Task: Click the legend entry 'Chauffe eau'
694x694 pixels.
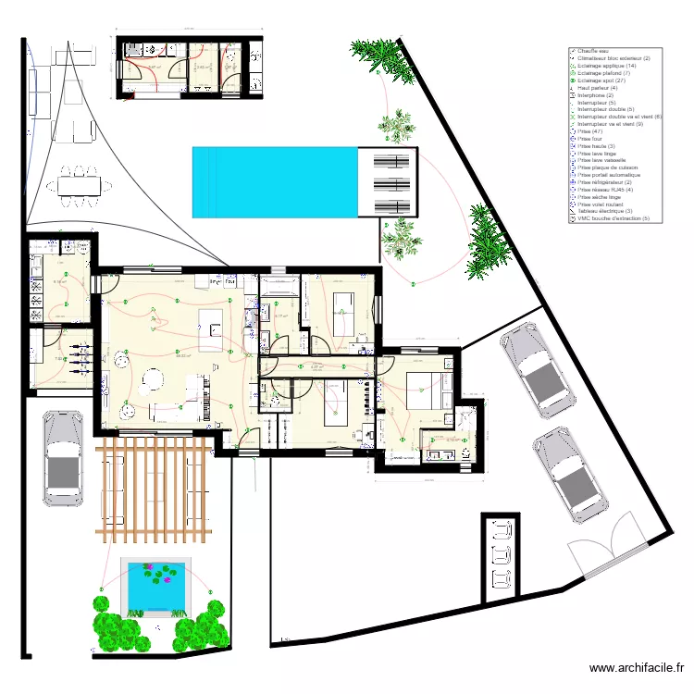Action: [x=593, y=51]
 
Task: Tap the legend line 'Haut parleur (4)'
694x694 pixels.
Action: [x=599, y=88]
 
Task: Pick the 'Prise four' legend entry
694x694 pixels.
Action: [x=589, y=139]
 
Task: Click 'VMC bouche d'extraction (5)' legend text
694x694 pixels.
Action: [x=613, y=218]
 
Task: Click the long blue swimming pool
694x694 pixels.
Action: [x=275, y=181]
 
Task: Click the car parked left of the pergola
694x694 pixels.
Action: [x=62, y=460]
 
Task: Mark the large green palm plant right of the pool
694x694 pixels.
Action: [x=487, y=242]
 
